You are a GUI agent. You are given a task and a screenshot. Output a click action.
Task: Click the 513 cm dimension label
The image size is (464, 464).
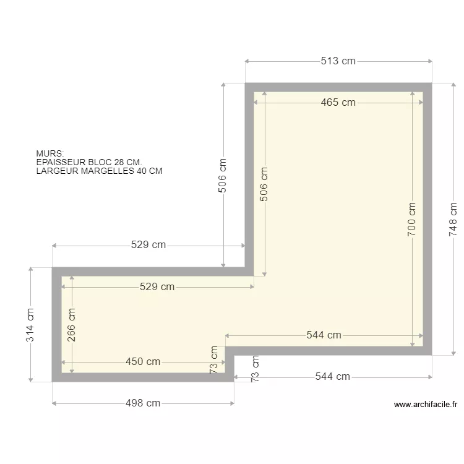tap(338, 61)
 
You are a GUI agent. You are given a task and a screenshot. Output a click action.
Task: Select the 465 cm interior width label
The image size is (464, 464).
tap(338, 102)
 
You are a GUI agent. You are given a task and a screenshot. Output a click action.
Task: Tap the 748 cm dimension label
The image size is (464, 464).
tap(453, 219)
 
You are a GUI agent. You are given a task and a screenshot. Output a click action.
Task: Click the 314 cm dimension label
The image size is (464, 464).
tap(30, 325)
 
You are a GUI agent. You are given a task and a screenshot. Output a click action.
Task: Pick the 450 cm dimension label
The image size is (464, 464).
tap(143, 362)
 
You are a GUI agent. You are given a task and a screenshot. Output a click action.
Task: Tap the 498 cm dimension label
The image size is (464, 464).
tap(143, 403)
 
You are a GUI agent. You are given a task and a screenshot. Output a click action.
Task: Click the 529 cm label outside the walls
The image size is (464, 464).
tap(148, 245)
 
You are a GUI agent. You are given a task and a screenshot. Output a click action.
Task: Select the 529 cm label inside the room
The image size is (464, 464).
tap(157, 286)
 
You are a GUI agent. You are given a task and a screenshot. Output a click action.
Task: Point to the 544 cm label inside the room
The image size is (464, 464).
tap(324, 335)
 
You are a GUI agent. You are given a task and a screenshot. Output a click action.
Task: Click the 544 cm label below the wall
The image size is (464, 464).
tap(333, 376)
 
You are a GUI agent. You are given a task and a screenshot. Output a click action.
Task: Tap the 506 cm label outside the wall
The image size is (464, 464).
tap(223, 176)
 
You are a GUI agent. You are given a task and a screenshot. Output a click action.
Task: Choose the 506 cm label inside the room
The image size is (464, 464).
tap(264, 184)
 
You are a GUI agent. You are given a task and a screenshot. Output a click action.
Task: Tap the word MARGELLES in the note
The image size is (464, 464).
tap(105, 171)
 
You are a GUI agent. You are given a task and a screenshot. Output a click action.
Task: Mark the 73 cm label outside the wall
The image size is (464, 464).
tap(255, 369)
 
